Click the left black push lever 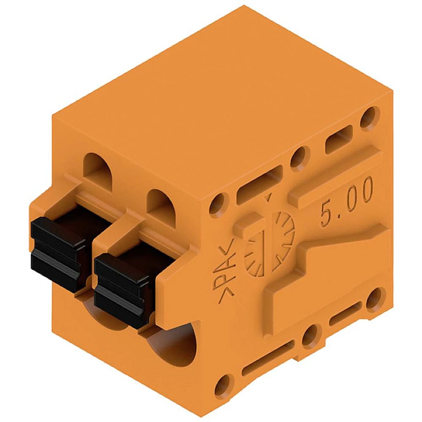point(58,254)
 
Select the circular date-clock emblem point(269,243)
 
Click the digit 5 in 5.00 point(326,214)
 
